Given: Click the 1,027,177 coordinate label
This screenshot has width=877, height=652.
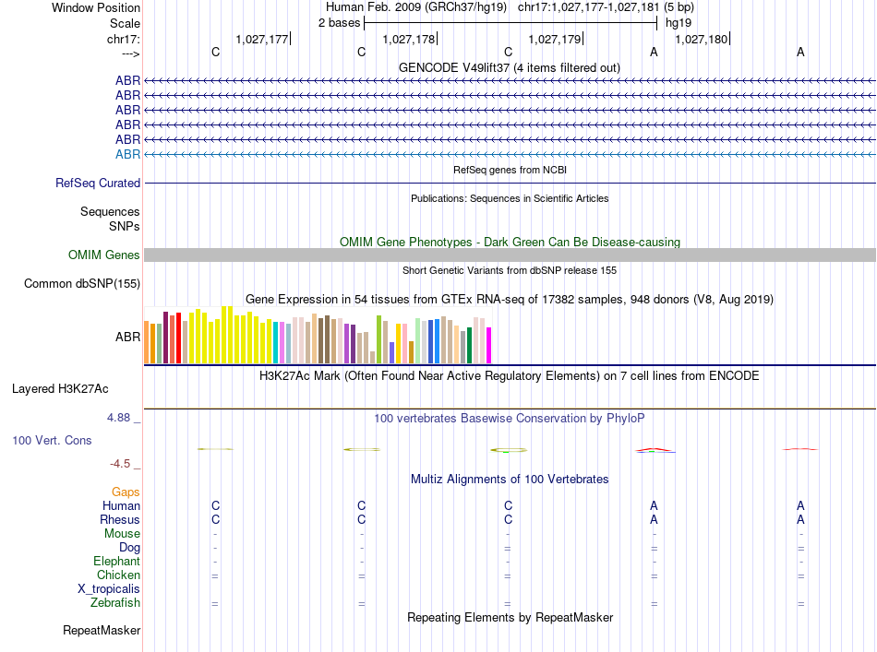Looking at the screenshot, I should pos(262,39).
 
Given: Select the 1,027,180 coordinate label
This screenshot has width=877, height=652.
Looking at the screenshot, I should pos(702,39).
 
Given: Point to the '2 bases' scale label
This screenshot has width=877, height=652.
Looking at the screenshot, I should pos(339,23).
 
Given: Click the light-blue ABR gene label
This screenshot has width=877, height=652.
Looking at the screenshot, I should pos(127,154).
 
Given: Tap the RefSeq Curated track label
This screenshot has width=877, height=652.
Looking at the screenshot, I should pos(98,184).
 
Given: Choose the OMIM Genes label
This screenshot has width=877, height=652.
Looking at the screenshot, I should pos(104,255).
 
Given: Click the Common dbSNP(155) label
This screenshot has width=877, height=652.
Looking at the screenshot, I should pos(82,284).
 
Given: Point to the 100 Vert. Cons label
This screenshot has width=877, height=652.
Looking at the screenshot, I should pos(52,441).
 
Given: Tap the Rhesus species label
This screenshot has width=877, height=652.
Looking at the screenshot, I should pos(120,520).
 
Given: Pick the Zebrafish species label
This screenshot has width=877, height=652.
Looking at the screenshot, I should pos(115,603).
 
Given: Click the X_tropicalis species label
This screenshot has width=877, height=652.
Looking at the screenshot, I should pos(109,589).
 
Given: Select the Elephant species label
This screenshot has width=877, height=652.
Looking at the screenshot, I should pos(116,562).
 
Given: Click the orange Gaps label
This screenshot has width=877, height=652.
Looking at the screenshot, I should pos(126,492).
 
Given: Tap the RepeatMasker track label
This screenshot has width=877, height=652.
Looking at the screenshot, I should pos(102,631).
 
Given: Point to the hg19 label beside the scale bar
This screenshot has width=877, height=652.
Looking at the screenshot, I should pos(679,23).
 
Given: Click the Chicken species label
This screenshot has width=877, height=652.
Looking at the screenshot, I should pos(118,575).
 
